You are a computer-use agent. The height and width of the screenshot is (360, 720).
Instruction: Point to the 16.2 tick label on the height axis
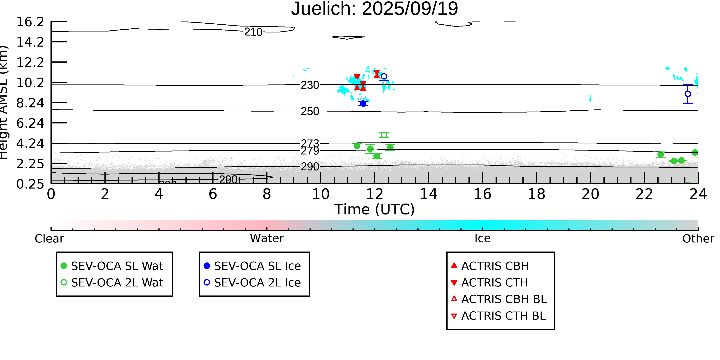[30, 22]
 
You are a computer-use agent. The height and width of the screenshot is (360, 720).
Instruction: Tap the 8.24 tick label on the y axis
[30, 103]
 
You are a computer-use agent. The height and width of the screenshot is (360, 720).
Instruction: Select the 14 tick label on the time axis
[429, 194]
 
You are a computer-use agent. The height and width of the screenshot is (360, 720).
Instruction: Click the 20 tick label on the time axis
[590, 194]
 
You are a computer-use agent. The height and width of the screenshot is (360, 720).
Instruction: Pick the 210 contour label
[253, 32]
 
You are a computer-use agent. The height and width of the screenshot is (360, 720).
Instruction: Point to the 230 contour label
[310, 85]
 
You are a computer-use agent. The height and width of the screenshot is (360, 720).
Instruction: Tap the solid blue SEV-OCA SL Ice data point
[363, 104]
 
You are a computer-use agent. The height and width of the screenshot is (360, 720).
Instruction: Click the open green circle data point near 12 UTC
[384, 135]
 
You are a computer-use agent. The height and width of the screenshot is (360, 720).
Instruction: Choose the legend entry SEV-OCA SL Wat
[117, 266]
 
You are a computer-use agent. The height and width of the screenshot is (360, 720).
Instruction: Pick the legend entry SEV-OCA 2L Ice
[257, 283]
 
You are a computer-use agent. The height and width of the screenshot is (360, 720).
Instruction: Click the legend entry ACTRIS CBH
[495, 266]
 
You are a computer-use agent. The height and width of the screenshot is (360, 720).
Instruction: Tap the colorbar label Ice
[482, 238]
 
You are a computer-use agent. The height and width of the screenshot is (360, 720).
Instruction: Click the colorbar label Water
[267, 238]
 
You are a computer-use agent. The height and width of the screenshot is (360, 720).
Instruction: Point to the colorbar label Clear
[49, 239]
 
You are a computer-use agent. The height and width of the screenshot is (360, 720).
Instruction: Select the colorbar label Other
[698, 239]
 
